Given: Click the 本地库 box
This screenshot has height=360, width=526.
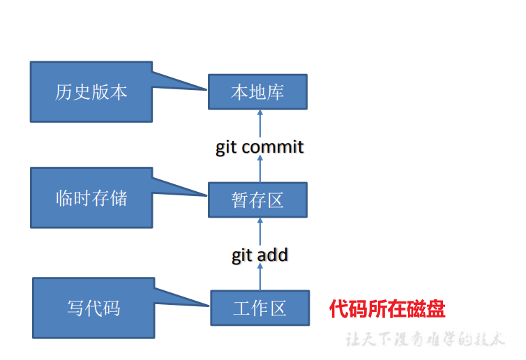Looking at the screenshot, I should coord(257,92).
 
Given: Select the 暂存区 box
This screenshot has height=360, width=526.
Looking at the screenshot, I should coord(257,200).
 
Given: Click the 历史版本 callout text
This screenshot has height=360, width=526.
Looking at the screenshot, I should coord(91,92).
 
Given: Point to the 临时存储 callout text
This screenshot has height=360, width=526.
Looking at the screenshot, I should coord(91,197).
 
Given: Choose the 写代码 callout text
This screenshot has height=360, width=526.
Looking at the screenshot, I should coord(93,308).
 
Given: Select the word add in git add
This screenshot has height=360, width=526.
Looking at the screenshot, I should coord(272,255).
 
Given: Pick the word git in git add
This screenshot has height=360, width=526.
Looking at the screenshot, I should coord(242,255).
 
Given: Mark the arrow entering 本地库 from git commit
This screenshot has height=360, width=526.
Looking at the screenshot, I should coord(260,123).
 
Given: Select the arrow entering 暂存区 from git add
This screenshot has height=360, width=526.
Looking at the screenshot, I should coord(260,230).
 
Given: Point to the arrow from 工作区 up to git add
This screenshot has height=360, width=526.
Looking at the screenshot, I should coord(260,278).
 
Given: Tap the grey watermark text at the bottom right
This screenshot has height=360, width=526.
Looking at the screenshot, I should coord(426,340).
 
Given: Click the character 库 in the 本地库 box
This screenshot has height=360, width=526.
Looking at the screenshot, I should coord(276,92).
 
